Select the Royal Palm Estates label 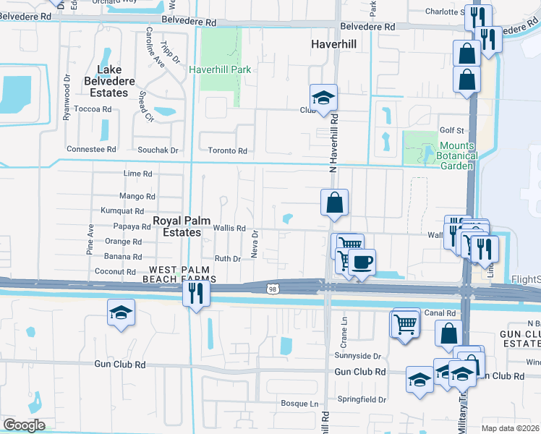click(x=176, y=226)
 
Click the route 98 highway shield click(x=273, y=289)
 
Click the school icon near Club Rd click(x=323, y=98)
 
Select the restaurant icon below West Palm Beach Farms click(x=195, y=292)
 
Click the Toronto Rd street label click(x=229, y=151)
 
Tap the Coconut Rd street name click(x=115, y=272)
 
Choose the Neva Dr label click(x=255, y=244)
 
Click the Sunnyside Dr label click(x=357, y=356)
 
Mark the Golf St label click(x=451, y=130)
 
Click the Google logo click(x=25, y=425)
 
